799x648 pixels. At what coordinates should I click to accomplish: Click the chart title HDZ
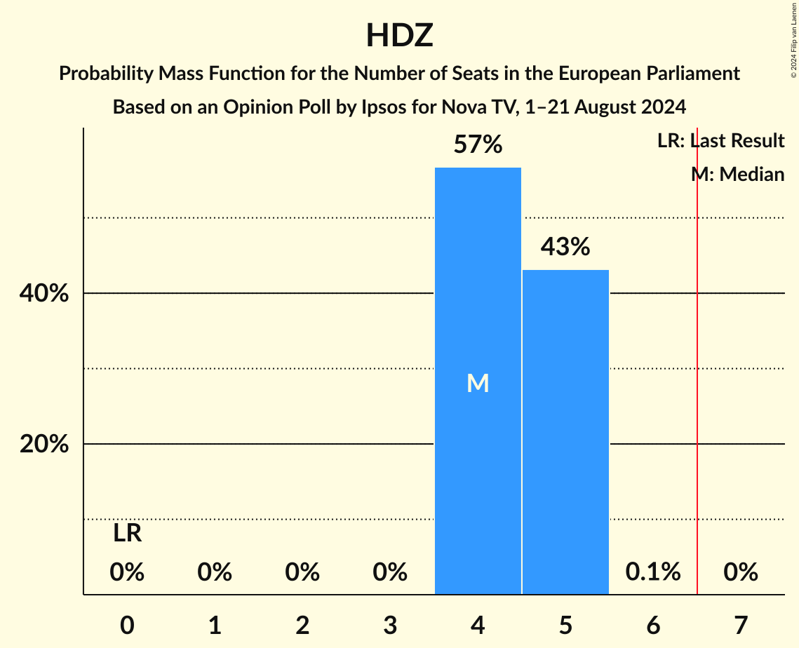(x=399, y=36)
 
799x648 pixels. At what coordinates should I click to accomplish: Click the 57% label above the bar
(x=478, y=145)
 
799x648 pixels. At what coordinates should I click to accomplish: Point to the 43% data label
(x=565, y=247)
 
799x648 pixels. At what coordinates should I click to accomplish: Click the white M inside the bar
(x=478, y=383)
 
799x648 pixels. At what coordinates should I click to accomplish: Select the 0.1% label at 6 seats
(x=653, y=572)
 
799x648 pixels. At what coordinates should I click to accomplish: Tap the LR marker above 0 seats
(x=127, y=534)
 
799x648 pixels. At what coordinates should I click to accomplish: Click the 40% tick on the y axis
(x=44, y=294)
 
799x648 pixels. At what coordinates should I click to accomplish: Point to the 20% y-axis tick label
(x=44, y=445)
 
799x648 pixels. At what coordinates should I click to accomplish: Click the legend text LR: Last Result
(x=720, y=141)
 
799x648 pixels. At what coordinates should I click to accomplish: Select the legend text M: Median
(x=737, y=174)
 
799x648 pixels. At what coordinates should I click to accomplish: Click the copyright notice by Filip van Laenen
(x=793, y=39)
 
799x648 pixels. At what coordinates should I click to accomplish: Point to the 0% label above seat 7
(x=741, y=572)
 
